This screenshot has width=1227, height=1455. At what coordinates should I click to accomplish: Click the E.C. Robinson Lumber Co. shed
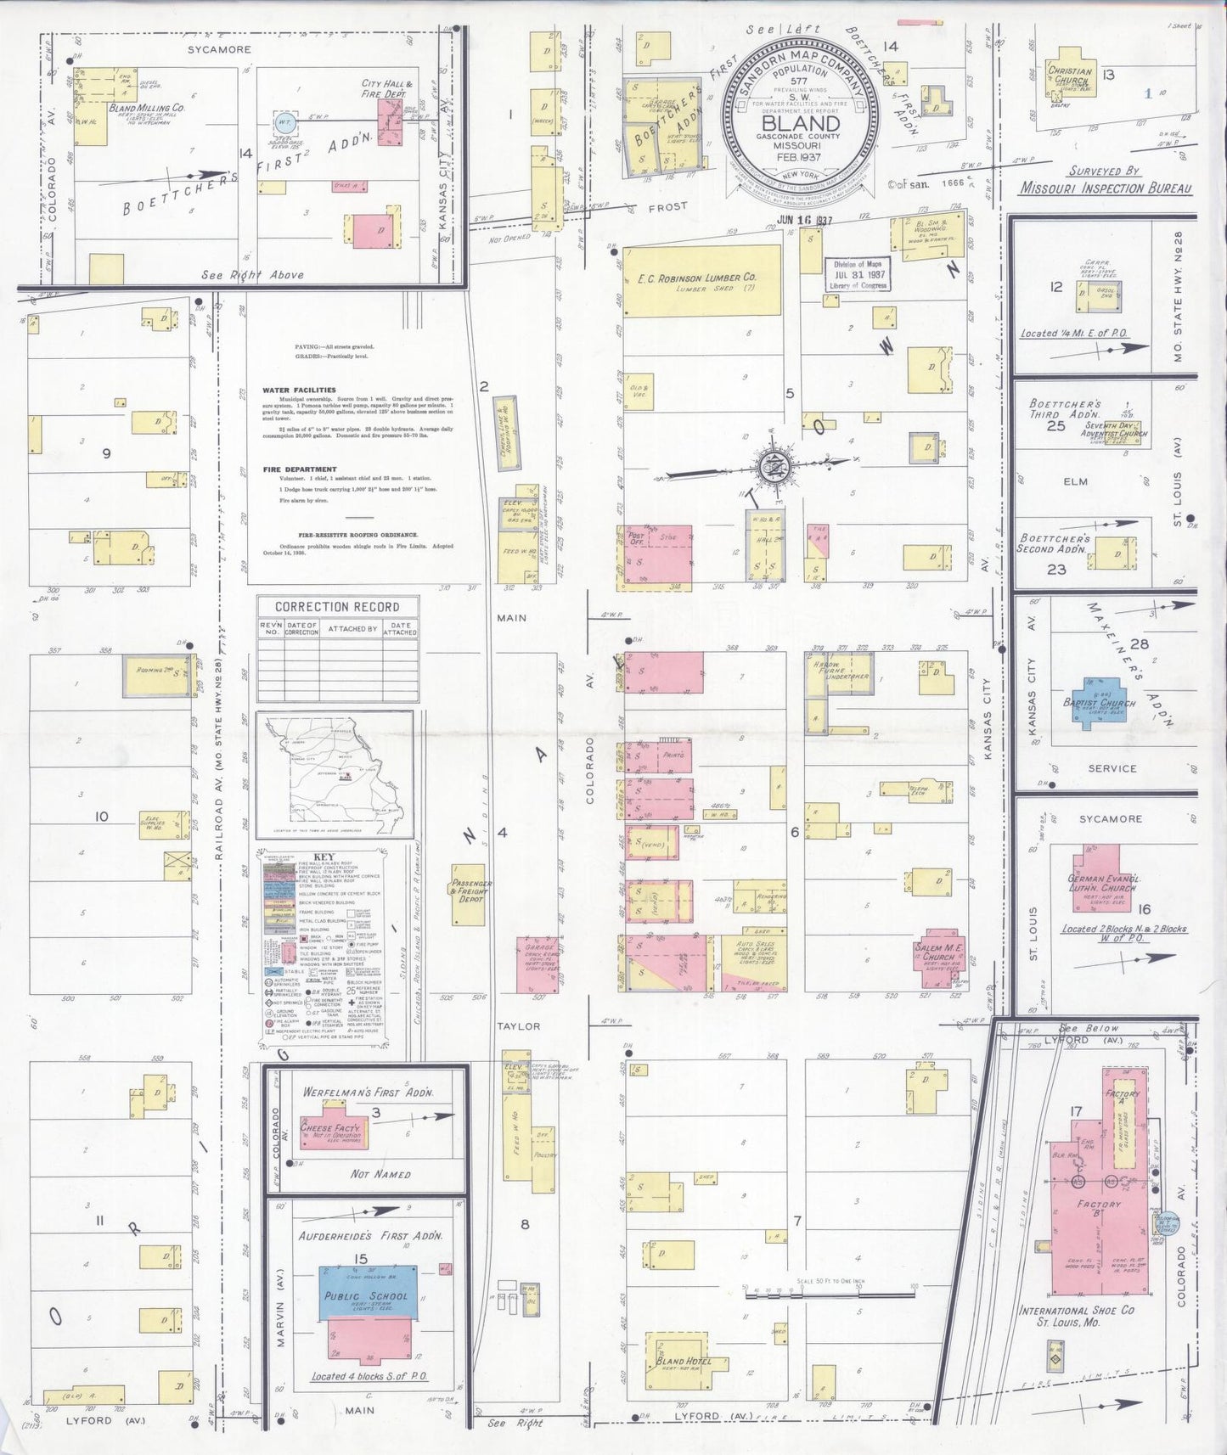point(701,280)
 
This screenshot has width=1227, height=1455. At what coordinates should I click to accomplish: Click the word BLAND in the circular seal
point(796,123)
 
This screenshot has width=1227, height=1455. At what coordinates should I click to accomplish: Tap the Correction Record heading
point(337,606)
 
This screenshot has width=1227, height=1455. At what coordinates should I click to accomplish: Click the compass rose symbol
point(774,465)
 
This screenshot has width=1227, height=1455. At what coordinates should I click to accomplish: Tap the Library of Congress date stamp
point(859,275)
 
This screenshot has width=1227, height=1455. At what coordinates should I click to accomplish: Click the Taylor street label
point(518,1025)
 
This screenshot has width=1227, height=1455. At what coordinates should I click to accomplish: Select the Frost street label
point(667,206)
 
